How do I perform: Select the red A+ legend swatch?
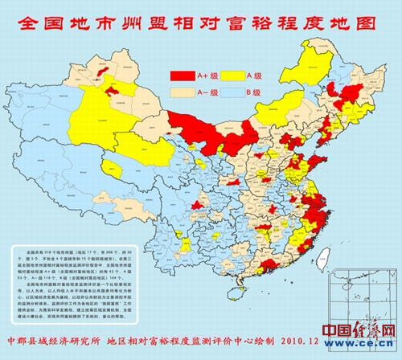(x=183, y=75)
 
